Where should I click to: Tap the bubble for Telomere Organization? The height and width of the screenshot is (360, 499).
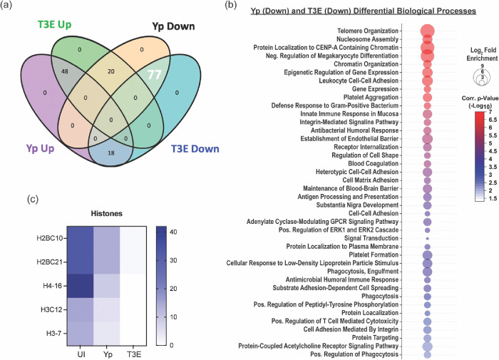point(427,31)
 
